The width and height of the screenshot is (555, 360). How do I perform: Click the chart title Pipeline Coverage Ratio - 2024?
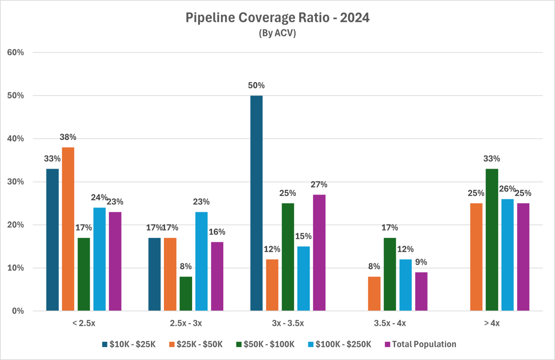tap(277, 18)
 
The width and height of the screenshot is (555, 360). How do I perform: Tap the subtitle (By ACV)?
tap(277, 33)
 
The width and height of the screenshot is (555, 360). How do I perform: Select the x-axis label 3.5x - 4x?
tap(390, 323)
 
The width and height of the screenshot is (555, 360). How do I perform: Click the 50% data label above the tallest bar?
tap(257, 85)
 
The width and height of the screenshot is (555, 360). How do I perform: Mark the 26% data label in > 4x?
tap(507, 189)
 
